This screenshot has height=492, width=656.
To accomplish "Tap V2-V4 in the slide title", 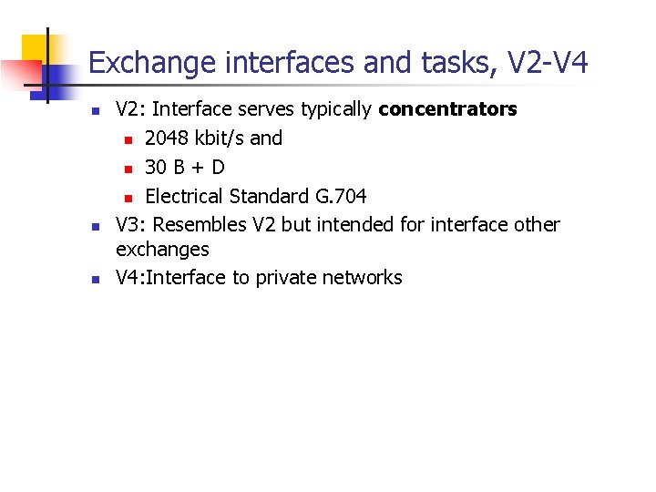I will coord(548,63).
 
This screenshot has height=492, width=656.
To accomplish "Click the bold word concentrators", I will coord(447,110).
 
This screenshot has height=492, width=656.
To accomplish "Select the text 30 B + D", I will coord(185,168).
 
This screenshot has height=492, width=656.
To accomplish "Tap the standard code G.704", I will coord(340,196).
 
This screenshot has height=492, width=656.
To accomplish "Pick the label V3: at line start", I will coord(131,224).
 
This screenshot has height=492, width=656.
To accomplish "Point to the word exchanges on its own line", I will coord(162,249).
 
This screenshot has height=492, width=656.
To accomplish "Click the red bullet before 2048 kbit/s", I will coord(129,140).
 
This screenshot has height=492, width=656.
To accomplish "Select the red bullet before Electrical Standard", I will coord(129,198).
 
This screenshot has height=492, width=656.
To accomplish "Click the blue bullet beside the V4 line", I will coord(94,280).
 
